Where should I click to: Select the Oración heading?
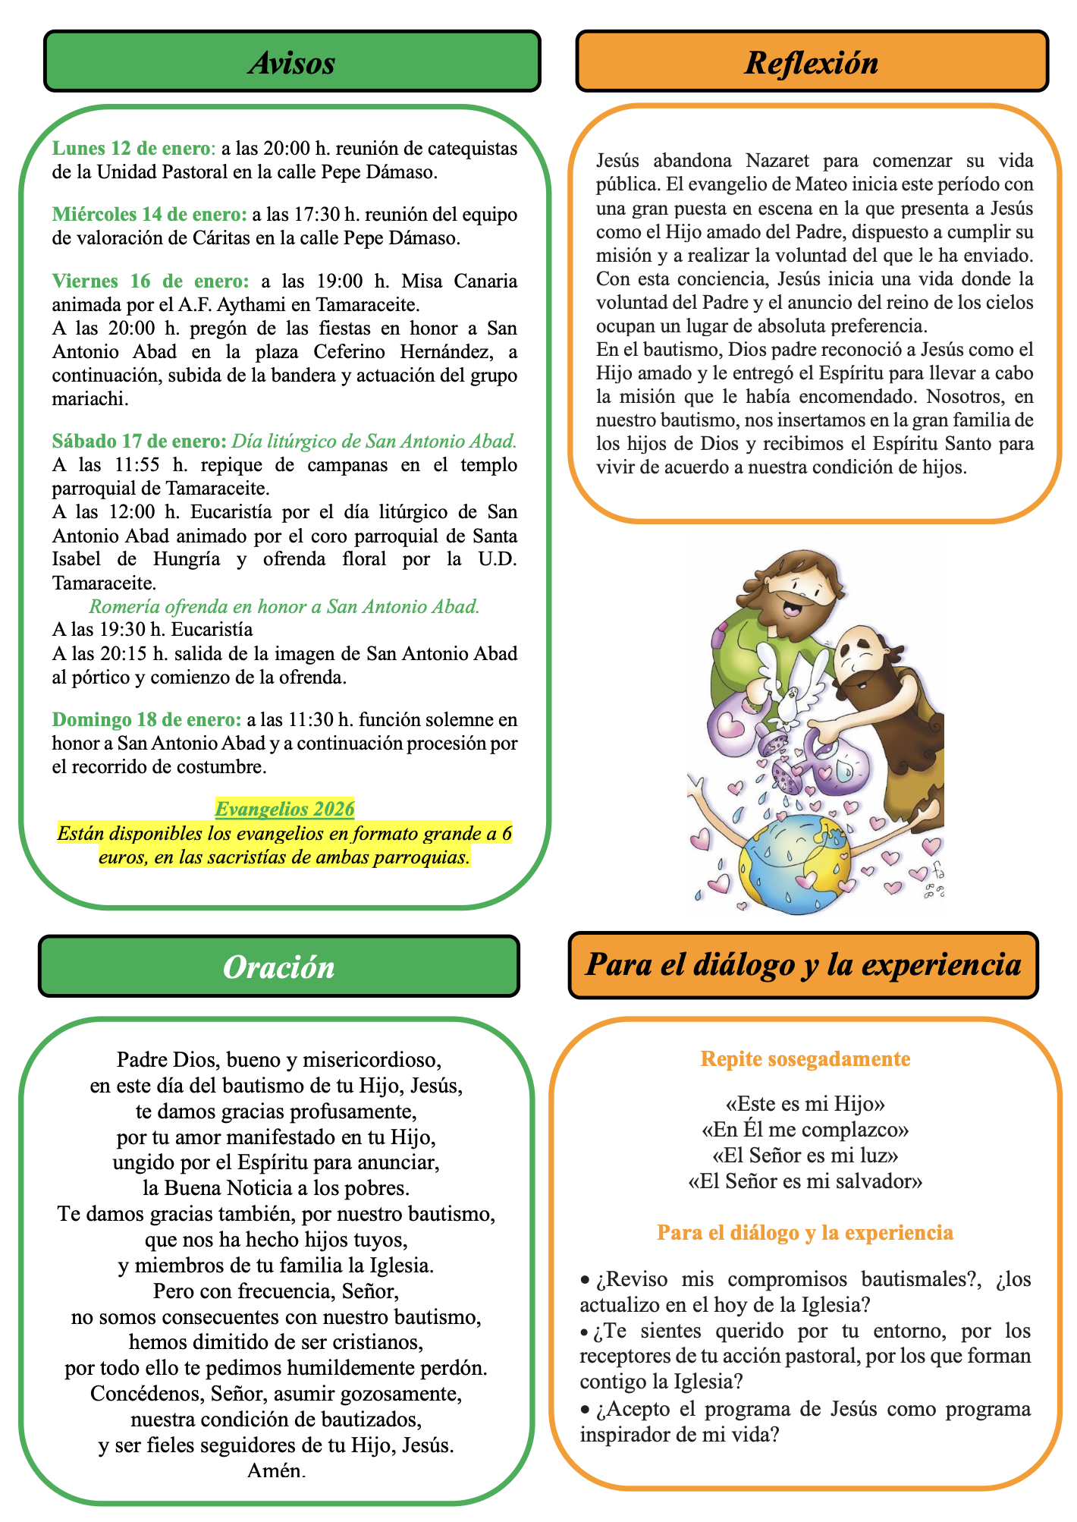[279, 967]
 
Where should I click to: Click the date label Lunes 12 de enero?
[133, 148]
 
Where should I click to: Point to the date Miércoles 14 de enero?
[149, 215]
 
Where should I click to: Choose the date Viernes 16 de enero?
[150, 281]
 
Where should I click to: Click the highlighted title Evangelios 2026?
[284, 810]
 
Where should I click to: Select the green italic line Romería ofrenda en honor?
[284, 606]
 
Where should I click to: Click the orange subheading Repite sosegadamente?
[805, 1059]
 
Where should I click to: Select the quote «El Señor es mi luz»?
[805, 1156]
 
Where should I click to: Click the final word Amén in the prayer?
[277, 1471]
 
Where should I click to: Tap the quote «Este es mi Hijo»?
[805, 1104]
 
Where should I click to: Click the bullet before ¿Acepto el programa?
[585, 1410]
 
